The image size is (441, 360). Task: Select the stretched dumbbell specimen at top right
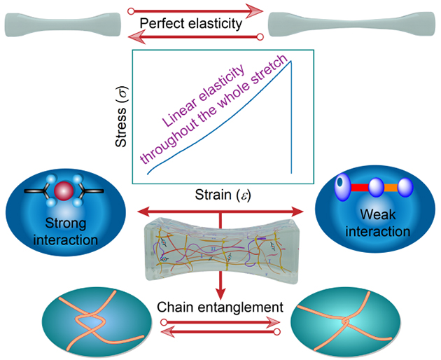pyautogui.click(x=355, y=25)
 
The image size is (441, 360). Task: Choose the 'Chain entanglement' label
pyautogui.click(x=220, y=307)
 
